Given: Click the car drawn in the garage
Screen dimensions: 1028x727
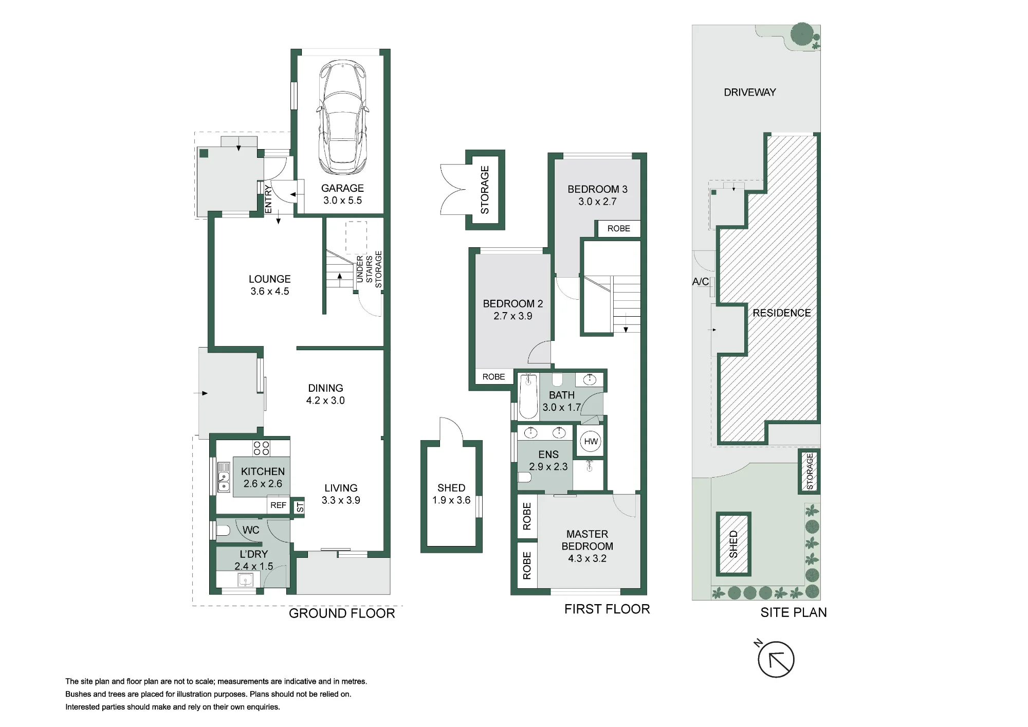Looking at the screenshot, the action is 342,117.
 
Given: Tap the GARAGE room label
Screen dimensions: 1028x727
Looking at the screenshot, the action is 342,188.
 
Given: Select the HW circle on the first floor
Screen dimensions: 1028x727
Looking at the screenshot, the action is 591,441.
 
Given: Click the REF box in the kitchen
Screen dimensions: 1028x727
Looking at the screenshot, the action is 278,505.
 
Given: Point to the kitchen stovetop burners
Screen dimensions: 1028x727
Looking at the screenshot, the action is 261,448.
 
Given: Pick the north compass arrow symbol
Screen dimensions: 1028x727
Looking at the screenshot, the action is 776,659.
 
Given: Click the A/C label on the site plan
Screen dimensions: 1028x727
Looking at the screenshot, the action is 700,282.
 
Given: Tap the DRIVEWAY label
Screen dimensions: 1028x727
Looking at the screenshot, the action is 749,93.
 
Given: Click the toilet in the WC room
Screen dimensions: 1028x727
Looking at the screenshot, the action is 223,530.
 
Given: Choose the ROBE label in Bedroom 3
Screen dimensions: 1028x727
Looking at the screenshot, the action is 618,229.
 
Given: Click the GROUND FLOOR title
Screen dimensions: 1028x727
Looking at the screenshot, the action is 342,613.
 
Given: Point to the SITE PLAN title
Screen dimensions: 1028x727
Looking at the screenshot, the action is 794,612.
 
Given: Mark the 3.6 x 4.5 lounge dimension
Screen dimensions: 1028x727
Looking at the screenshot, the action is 270,292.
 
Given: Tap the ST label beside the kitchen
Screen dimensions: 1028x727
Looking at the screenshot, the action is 300,507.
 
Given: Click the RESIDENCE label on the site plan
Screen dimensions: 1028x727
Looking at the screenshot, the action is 781,313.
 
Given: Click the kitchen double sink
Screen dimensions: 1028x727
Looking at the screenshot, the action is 224,477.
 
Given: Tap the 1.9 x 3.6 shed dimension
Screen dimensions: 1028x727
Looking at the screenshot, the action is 451,500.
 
